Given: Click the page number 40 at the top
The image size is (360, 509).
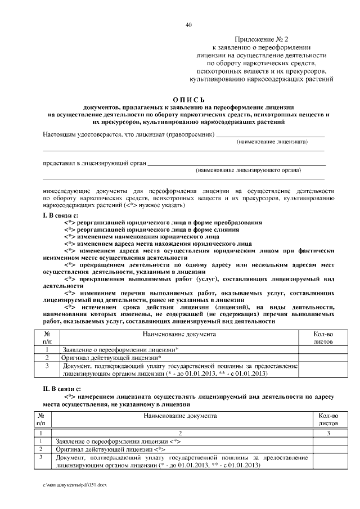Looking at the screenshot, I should (x=189, y=24).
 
